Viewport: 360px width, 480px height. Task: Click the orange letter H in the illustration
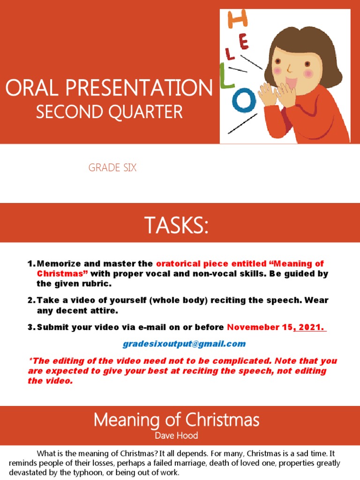[x=237, y=19]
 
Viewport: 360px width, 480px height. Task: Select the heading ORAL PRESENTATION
[x=109, y=88]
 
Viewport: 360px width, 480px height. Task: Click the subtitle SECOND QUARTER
[x=109, y=112]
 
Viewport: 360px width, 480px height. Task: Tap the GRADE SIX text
[x=112, y=168]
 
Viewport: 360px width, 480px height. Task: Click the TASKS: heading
[x=176, y=226]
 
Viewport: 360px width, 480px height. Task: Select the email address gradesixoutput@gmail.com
[x=184, y=344]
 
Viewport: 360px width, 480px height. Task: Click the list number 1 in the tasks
[x=31, y=264]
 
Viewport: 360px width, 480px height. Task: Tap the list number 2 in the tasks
[x=31, y=300]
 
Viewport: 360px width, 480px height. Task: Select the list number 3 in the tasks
[x=31, y=327]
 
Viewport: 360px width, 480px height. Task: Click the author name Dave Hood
[x=176, y=435]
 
